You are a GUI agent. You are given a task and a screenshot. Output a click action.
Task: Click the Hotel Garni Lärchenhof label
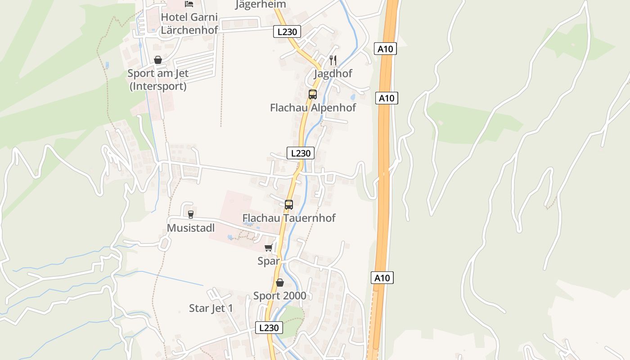189,23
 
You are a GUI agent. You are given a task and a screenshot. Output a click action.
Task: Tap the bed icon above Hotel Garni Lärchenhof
189,4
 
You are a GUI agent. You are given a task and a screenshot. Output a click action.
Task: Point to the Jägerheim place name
260,4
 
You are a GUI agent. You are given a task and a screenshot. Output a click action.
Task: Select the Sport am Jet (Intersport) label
158,79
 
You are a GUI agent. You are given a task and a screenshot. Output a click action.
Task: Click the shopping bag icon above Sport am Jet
158,60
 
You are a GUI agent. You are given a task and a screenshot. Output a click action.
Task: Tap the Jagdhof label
333,73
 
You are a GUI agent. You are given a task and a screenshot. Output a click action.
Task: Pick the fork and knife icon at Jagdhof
333,60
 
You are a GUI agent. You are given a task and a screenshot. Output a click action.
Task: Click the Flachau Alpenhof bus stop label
313,108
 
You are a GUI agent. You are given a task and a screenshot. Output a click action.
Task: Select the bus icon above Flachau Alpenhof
313,94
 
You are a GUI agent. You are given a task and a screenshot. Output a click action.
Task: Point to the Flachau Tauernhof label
289,218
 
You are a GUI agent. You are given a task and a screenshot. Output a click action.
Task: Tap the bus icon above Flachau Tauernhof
289,205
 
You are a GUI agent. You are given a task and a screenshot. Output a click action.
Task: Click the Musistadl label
191,228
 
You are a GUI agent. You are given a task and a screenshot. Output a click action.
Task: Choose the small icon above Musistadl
190,215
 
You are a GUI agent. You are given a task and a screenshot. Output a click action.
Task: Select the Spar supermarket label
269,261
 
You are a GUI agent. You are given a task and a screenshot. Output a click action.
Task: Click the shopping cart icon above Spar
269,247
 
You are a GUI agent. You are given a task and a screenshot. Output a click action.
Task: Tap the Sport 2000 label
279,296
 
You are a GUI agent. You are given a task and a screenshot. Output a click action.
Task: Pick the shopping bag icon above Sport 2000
279,283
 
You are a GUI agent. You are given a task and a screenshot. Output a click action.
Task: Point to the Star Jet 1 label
211,308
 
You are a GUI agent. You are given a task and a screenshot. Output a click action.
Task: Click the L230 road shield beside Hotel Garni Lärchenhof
287,31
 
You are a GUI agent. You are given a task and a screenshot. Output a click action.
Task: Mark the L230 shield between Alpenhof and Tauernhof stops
301,153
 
